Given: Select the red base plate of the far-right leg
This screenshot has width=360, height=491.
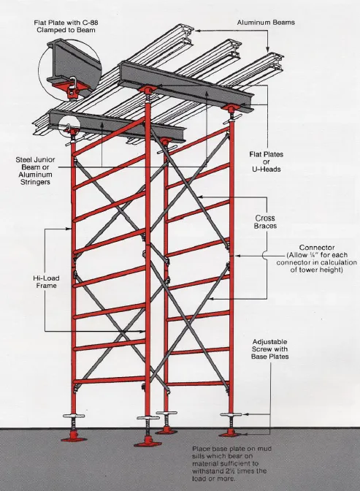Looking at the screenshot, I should click(x=231, y=435).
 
